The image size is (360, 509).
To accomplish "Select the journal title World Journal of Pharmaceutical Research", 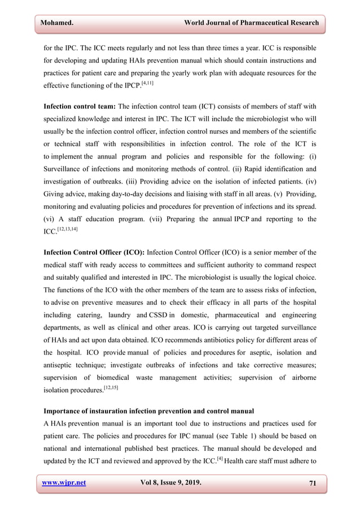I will click(x=248, y=23).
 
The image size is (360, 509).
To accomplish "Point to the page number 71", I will click(x=312, y=483).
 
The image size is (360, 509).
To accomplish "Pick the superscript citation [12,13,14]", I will click(x=70, y=227).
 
